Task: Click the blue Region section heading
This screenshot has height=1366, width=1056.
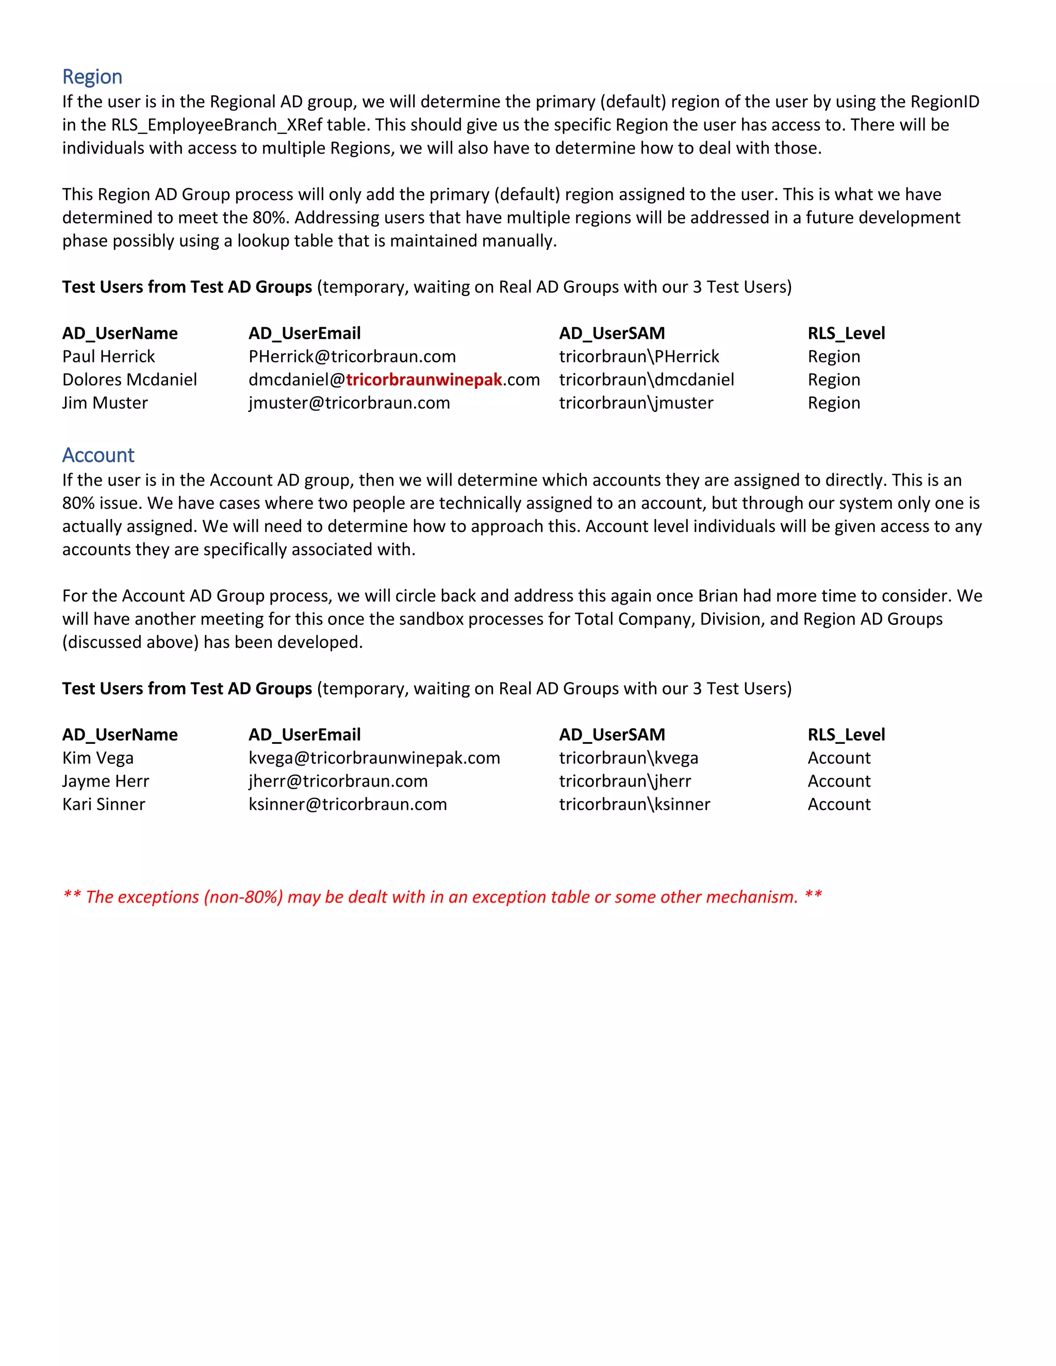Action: pyautogui.click(x=92, y=77)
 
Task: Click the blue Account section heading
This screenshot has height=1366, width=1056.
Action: pyautogui.click(x=98, y=455)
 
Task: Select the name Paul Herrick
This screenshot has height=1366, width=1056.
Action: pyautogui.click(x=108, y=357)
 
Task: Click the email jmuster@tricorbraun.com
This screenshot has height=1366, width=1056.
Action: pyautogui.click(x=349, y=403)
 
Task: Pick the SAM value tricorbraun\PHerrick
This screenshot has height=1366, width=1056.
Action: pyautogui.click(x=639, y=357)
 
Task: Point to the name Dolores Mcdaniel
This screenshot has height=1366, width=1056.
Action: pyautogui.click(x=129, y=380)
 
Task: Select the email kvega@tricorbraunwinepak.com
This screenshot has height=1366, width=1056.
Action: pyautogui.click(x=374, y=758)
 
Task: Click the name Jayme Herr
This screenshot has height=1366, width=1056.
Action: pyautogui.click(x=106, y=781)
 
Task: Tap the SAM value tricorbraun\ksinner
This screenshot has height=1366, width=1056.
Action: pyautogui.click(x=634, y=804)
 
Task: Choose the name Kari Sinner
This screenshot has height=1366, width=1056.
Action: pyautogui.click(x=104, y=804)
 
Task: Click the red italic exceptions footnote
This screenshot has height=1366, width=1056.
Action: pyautogui.click(x=442, y=897)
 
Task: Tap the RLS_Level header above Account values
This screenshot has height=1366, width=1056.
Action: pyautogui.click(x=846, y=735)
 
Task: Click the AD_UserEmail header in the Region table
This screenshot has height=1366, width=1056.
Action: pyautogui.click(x=305, y=334)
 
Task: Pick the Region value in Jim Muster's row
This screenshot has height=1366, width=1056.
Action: pyautogui.click(x=834, y=403)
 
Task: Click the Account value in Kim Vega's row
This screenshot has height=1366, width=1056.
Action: pyautogui.click(x=839, y=758)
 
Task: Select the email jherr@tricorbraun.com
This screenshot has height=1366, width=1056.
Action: pyautogui.click(x=338, y=781)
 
